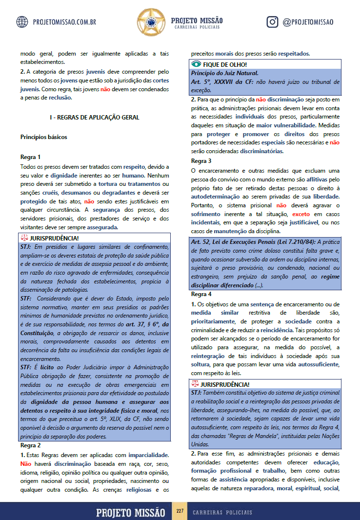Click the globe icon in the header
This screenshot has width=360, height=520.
[x=22, y=22]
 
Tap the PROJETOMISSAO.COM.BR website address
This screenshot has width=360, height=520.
[x=64, y=22]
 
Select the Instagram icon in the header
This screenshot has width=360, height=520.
[x=273, y=22]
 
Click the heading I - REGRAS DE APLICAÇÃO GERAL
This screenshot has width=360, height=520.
[x=95, y=118]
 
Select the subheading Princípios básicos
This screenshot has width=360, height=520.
[x=43, y=137]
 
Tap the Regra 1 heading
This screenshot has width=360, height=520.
[x=30, y=157]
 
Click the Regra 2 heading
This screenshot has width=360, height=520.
[x=30, y=445]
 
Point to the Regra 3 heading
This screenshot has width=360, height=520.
[x=201, y=160]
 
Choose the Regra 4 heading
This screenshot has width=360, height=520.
[x=201, y=294]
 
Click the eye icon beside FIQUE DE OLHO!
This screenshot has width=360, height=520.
[x=196, y=64]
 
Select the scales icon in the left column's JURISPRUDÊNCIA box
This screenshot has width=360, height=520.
[x=25, y=238]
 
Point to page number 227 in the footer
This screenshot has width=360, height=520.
[x=180, y=511]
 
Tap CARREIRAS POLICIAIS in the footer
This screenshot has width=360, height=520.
[x=222, y=512]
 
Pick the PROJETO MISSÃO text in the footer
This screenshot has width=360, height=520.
[x=131, y=512]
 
